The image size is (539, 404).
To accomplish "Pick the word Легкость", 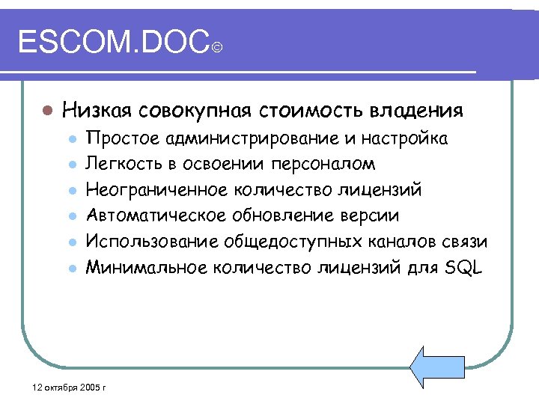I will click(123, 164).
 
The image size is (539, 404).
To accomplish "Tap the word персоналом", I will click(334, 164).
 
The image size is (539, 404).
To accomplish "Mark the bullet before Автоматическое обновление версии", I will click(72, 217).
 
